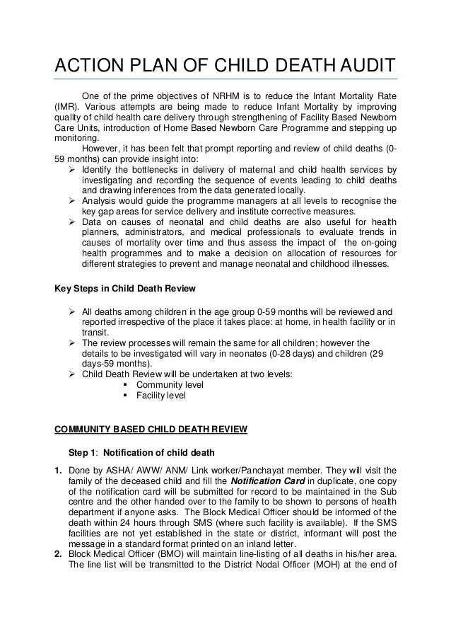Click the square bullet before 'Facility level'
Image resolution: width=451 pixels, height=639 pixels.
click(x=126, y=396)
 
